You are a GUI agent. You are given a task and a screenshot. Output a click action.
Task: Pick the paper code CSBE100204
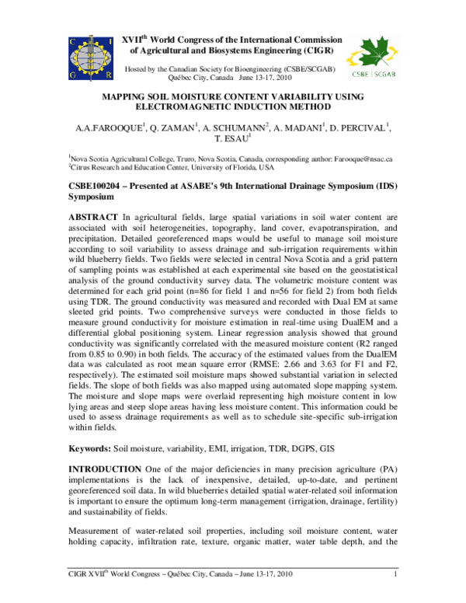tap(100, 186)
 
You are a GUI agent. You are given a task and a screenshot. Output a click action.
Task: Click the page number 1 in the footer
tap(396, 596)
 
